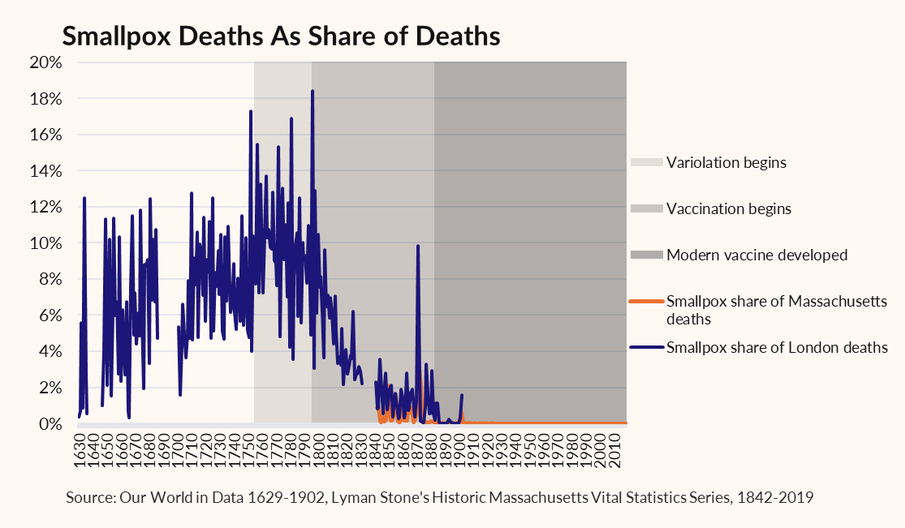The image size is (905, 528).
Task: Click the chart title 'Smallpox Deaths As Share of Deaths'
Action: (x=281, y=36)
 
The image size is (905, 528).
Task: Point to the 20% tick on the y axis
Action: (x=45, y=62)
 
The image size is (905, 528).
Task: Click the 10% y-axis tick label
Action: (x=45, y=243)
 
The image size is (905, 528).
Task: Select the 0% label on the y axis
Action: (x=50, y=424)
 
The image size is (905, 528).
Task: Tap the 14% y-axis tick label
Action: (x=45, y=171)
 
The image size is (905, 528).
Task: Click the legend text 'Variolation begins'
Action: (x=726, y=163)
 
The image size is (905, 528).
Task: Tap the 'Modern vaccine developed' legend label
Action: (x=756, y=255)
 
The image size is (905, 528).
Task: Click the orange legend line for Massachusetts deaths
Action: (x=646, y=301)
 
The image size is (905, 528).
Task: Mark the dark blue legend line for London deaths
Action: (x=646, y=347)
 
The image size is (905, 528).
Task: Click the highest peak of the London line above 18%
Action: (x=312, y=91)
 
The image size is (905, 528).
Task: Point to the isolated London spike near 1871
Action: (x=418, y=247)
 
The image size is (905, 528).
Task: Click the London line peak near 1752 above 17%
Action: (x=251, y=111)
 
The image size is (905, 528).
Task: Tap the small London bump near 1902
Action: (x=462, y=395)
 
